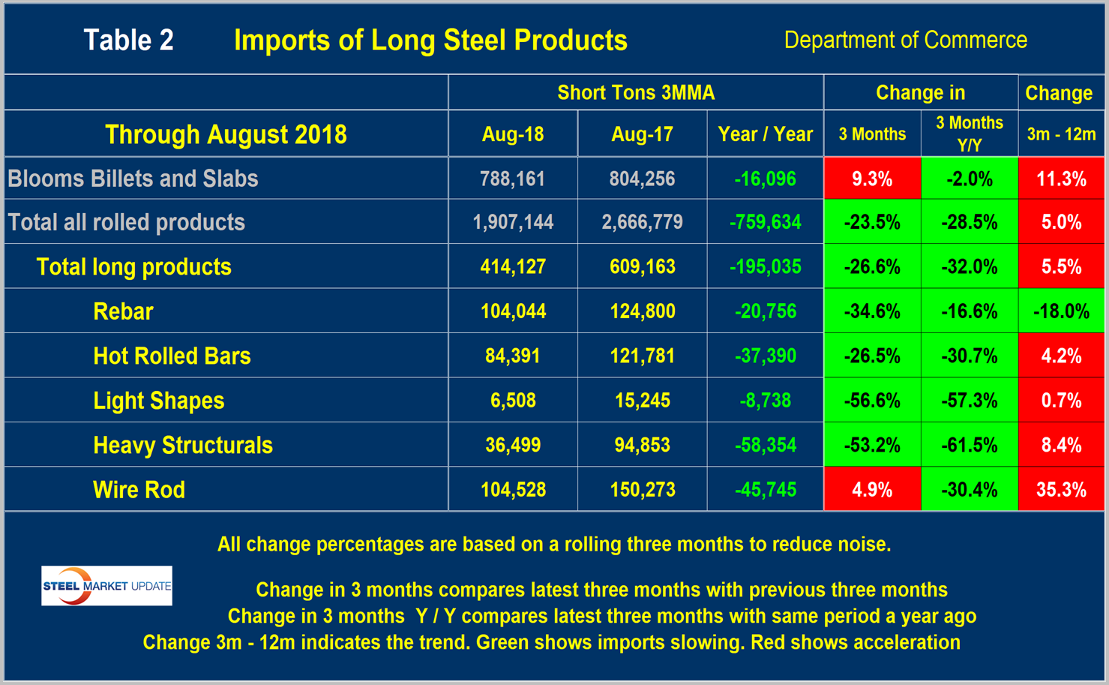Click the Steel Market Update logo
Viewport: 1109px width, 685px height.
106,586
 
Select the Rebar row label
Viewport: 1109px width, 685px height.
123,311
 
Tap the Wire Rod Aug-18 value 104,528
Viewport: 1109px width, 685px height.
513,490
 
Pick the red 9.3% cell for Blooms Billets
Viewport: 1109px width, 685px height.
872,179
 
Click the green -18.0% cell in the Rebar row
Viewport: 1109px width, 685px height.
1061,311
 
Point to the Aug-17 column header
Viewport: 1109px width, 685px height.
642,134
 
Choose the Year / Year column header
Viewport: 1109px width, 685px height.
765,134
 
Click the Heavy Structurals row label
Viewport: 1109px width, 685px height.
182,446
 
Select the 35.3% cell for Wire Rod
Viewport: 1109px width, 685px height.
1061,490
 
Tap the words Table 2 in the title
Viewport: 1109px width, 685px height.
128,41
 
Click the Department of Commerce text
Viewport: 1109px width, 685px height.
905,41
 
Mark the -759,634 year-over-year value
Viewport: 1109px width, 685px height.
765,222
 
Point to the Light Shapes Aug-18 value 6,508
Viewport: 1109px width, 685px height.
513,401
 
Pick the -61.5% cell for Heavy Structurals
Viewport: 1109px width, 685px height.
969,446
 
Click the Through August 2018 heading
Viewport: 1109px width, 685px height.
226,134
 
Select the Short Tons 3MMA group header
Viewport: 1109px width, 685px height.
636,93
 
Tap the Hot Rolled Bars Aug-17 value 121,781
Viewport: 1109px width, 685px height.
642,356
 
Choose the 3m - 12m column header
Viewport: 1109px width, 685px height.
1061,134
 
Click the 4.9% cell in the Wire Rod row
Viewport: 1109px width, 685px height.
872,490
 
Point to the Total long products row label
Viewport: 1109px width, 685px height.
133,267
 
